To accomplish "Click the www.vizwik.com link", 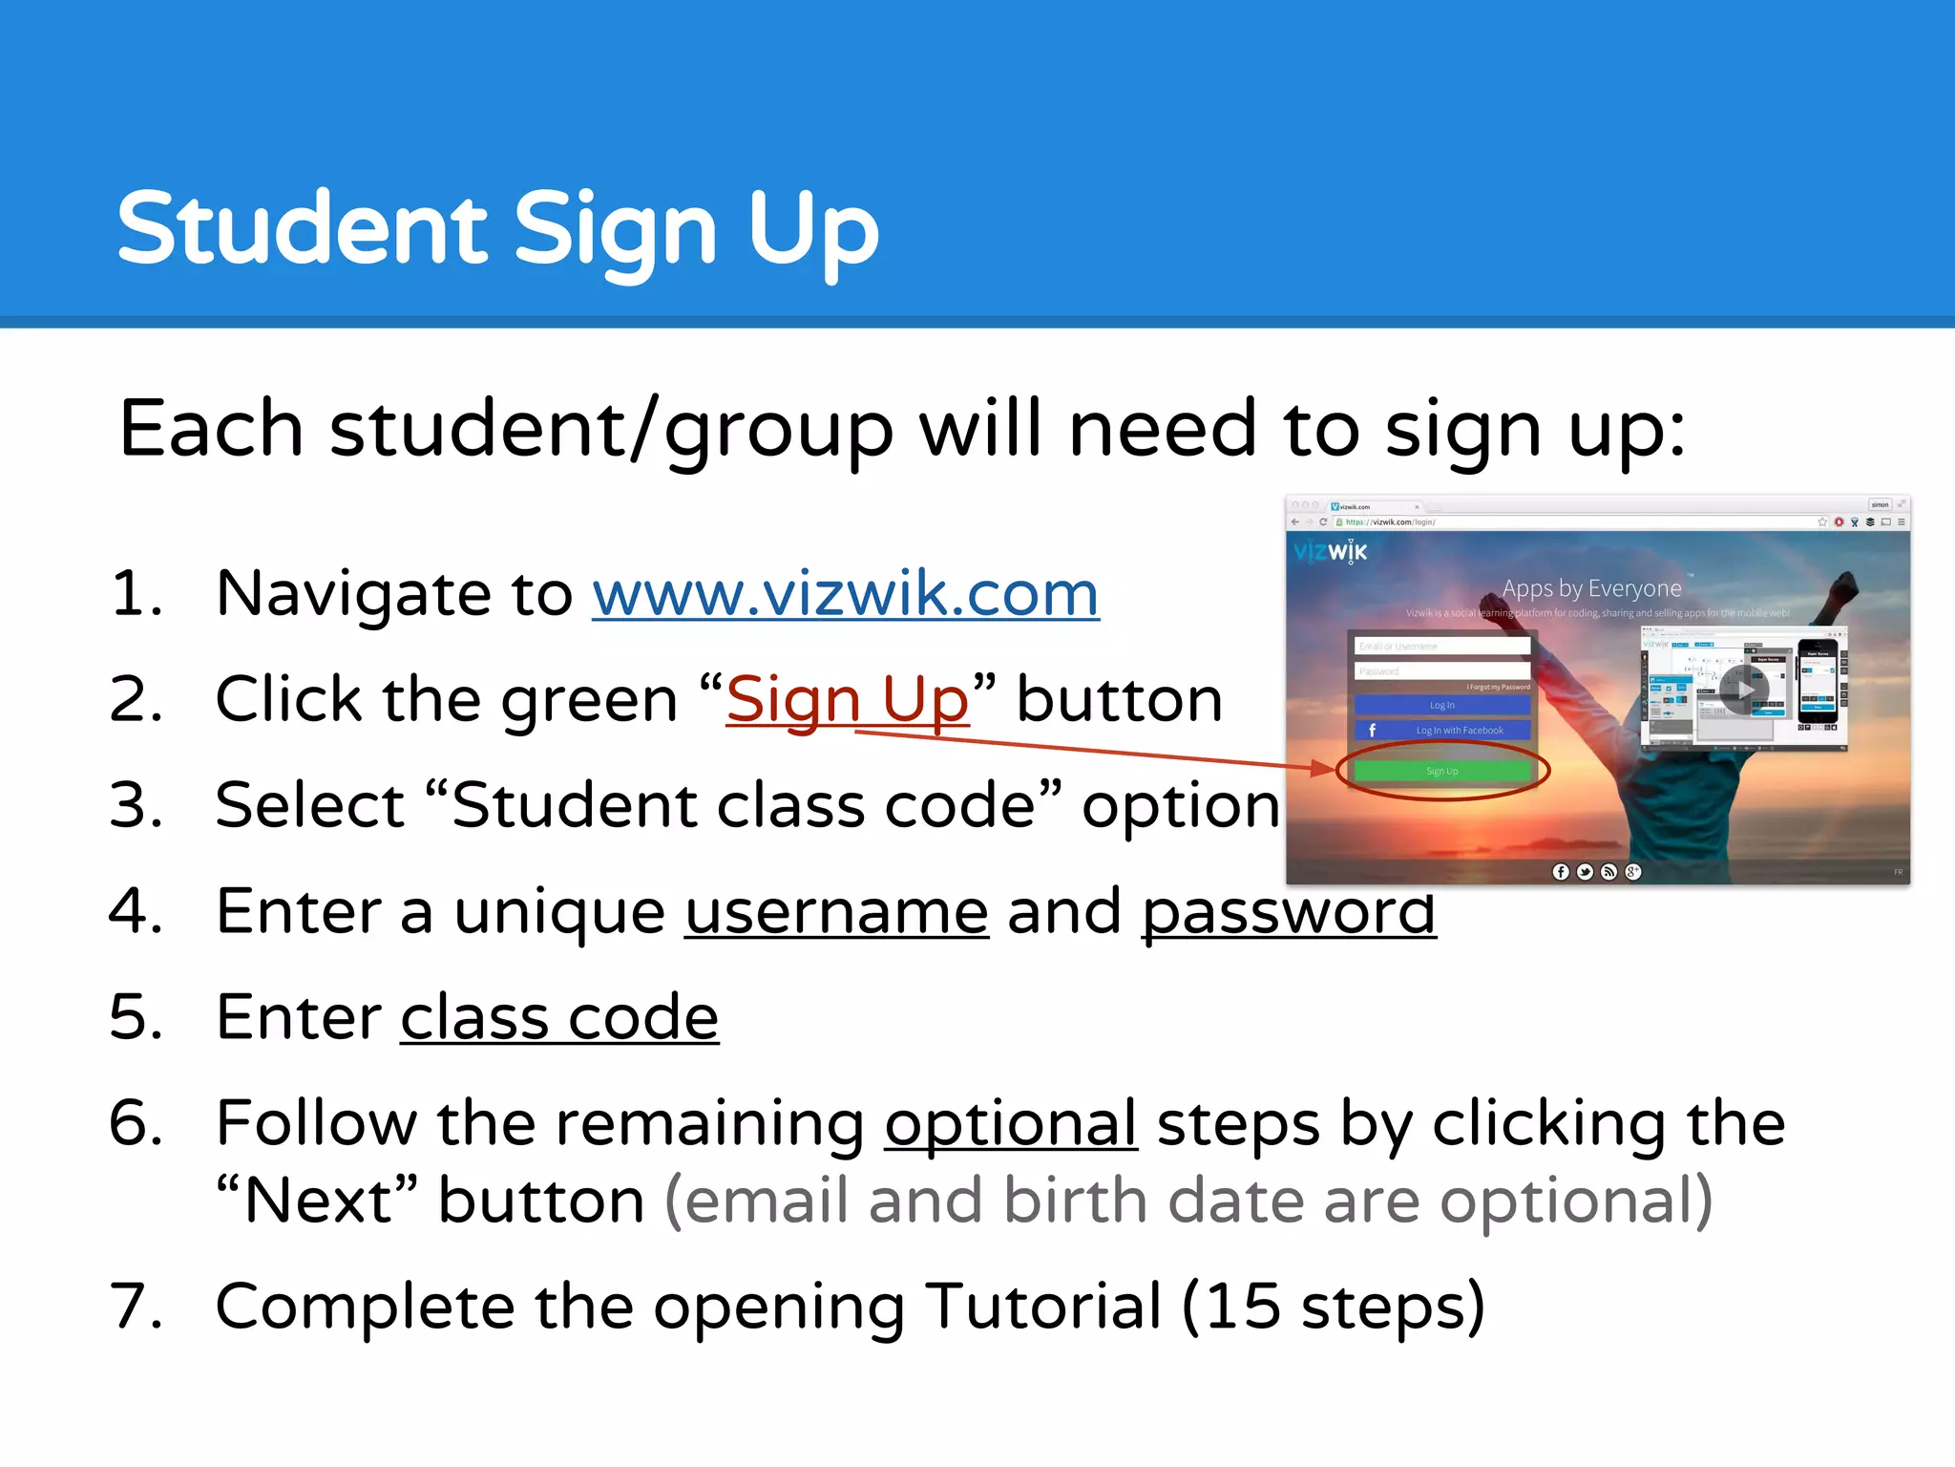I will (845, 594).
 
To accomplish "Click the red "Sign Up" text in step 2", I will (847, 699).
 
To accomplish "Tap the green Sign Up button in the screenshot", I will (1441, 771).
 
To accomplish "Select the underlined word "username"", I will (836, 911).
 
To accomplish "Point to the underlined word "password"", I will (1288, 911).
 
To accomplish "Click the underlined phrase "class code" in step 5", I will (558, 1017).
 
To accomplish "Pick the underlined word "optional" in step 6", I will (1010, 1123).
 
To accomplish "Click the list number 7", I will (133, 1306).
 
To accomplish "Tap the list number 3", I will (133, 805).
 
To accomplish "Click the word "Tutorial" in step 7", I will (1043, 1306).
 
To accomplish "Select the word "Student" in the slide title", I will (303, 229).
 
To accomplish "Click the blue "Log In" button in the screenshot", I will (1441, 705).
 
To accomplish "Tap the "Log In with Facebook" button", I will (1441, 730).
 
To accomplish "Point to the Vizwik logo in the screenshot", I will (1331, 551).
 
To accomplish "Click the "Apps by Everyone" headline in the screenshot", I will (1591, 588).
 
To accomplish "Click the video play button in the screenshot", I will (1744, 690).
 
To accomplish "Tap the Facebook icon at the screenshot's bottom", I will (1561, 871).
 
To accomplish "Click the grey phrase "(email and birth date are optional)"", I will (1188, 1201).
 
